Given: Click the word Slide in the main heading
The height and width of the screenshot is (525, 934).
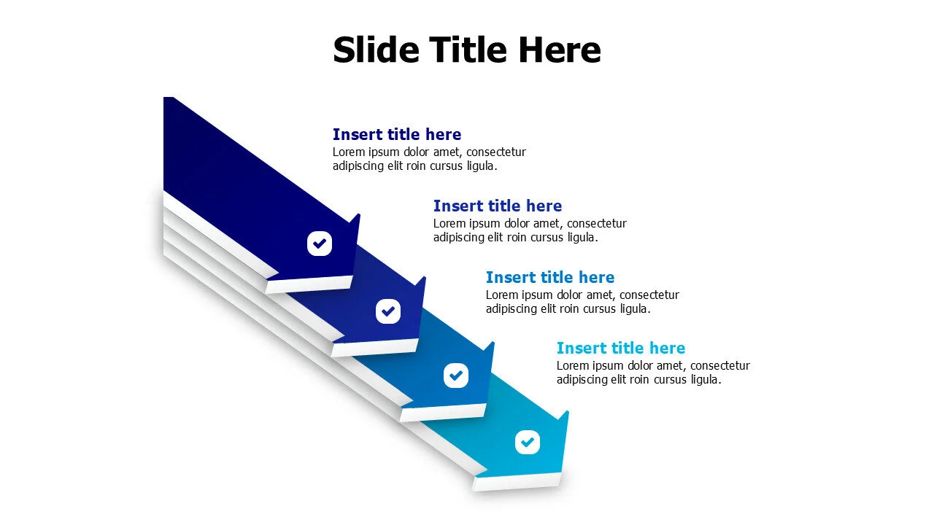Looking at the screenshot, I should coord(376,50).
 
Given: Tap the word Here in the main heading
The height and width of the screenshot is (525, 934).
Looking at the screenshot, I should coord(560,50).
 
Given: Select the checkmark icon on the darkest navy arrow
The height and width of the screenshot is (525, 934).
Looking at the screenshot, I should coord(320,243).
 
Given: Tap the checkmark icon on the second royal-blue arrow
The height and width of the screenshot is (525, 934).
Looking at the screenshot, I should coord(388,311).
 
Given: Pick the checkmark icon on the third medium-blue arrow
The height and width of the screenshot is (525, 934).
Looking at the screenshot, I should coord(456,375).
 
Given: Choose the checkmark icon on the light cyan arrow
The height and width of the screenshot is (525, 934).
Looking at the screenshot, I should coord(527,442).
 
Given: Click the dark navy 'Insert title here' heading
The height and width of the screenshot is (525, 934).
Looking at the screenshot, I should coord(396,134).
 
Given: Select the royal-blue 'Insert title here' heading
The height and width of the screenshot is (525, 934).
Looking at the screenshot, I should coord(497,206).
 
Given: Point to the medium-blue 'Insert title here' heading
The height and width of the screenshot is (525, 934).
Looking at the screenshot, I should coord(549,277).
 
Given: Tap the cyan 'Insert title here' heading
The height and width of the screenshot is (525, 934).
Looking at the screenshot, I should coord(620,348).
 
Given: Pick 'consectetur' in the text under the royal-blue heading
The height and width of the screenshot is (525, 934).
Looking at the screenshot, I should coord(596,224).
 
